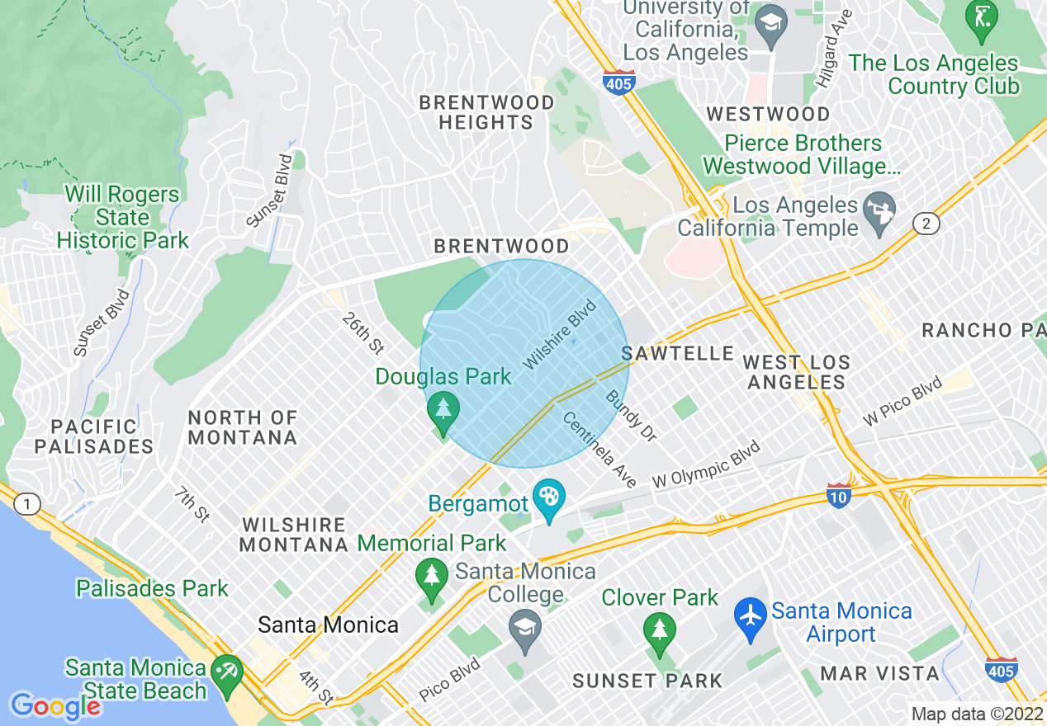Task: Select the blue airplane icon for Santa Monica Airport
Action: pyautogui.click(x=751, y=620)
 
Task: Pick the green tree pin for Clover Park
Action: pyautogui.click(x=659, y=633)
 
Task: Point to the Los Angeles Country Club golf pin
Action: pyautogui.click(x=982, y=19)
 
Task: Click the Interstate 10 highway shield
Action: pyautogui.click(x=838, y=496)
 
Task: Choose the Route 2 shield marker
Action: pyautogui.click(x=926, y=224)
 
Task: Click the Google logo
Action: pyautogui.click(x=55, y=706)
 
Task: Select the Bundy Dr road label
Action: pyautogui.click(x=631, y=416)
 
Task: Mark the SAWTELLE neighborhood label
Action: pyautogui.click(x=678, y=354)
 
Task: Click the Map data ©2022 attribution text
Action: pyautogui.click(x=975, y=714)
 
